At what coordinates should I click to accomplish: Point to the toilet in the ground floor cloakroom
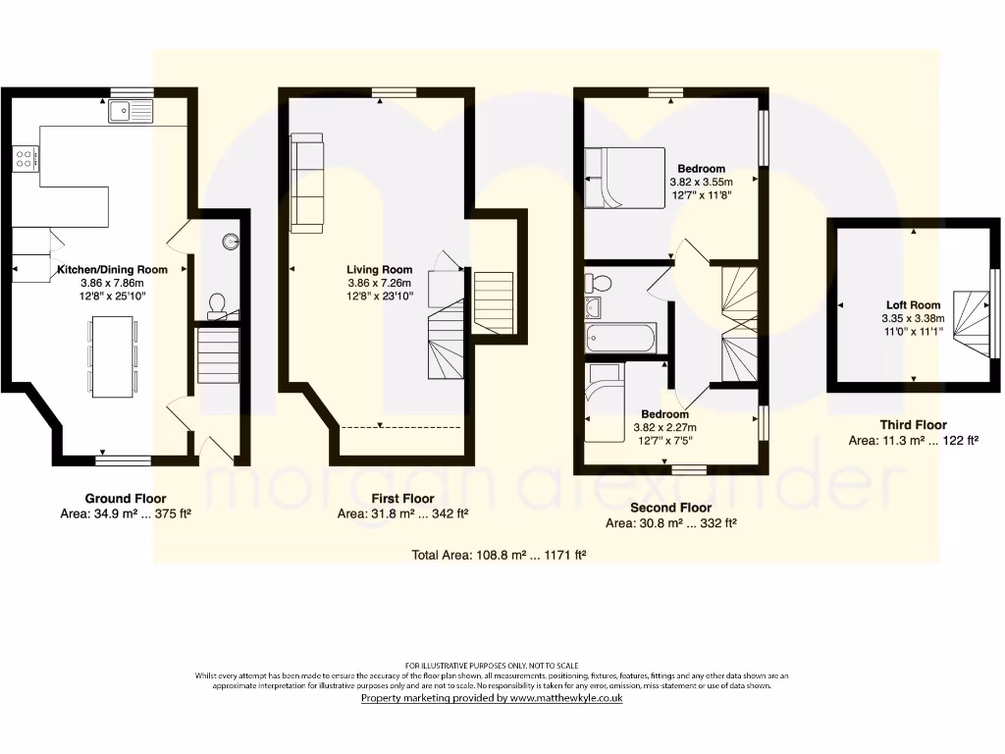(217, 305)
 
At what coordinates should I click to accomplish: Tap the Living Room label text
(379, 270)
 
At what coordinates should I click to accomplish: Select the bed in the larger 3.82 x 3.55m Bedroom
(620, 178)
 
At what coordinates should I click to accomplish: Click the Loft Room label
(913, 305)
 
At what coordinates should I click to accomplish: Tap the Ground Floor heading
(126, 498)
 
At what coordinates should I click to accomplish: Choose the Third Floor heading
(913, 425)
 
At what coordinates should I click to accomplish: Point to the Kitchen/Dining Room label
(112, 269)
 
